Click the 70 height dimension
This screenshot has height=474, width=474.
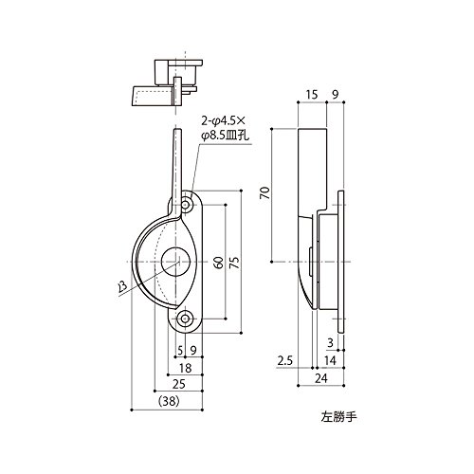pyautogui.click(x=265, y=192)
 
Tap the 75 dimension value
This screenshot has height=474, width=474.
pyautogui.click(x=234, y=262)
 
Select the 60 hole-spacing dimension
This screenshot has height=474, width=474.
pyautogui.click(x=219, y=262)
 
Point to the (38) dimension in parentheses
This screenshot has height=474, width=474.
pyautogui.click(x=169, y=402)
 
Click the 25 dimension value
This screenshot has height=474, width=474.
pyautogui.click(x=179, y=384)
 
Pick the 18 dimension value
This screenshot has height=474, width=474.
pyautogui.click(x=185, y=368)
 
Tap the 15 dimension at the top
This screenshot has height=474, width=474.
pyautogui.click(x=312, y=95)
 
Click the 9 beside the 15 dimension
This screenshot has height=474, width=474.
pyautogui.click(x=336, y=95)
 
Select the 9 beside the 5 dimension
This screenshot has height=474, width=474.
pyautogui.click(x=193, y=350)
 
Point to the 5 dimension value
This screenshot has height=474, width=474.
pyautogui.click(x=180, y=350)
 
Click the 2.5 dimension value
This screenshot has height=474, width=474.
pyautogui.click(x=285, y=360)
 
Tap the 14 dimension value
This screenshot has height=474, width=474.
pyautogui.click(x=330, y=360)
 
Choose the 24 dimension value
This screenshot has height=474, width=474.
pyautogui.click(x=321, y=378)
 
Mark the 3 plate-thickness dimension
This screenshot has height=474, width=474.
pyautogui.click(x=330, y=343)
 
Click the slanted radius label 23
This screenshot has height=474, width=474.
pyautogui.click(x=122, y=286)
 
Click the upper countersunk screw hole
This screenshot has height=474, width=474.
pyautogui.click(x=186, y=206)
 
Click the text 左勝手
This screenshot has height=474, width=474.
pyautogui.click(x=339, y=417)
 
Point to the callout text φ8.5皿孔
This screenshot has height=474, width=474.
pyautogui.click(x=226, y=137)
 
